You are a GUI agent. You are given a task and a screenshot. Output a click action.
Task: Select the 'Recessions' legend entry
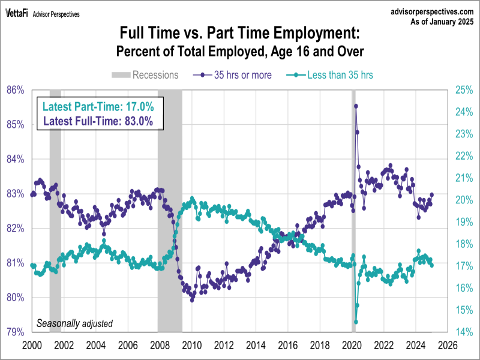(144, 75)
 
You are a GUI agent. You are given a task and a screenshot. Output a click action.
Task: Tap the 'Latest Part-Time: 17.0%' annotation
(98, 107)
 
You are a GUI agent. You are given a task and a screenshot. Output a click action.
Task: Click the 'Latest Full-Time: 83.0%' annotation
(98, 121)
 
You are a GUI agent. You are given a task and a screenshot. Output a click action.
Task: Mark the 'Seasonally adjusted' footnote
(74, 323)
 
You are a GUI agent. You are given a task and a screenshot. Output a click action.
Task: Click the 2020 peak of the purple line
(356, 106)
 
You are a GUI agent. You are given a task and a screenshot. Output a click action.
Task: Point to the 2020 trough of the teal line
(356, 322)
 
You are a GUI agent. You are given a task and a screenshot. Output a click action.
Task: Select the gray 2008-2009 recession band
(170, 210)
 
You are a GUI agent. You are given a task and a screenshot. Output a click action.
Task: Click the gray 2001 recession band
(55, 210)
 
